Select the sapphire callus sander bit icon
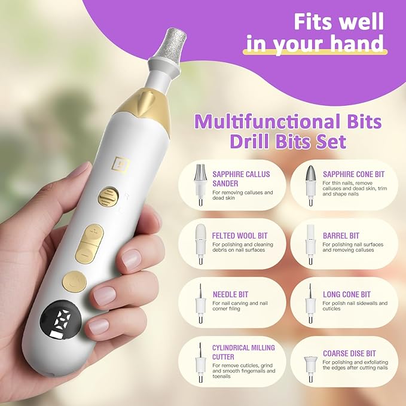[200, 184]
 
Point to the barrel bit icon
[310, 244]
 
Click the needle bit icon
[200, 303]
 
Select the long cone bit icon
[310, 303]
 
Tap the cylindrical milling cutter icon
[200, 362]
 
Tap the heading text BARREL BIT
[341, 236]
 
